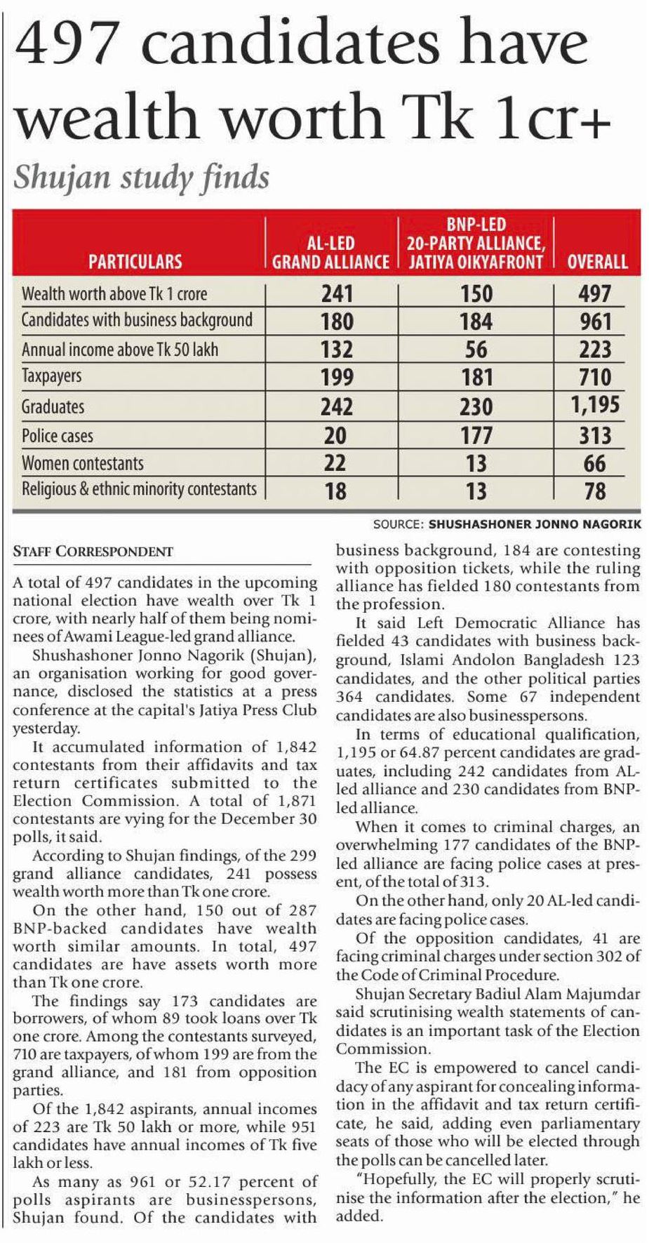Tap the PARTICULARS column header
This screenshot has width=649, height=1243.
[135, 262]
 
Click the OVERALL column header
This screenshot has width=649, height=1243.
[597, 262]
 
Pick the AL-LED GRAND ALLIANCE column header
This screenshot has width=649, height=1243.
[330, 253]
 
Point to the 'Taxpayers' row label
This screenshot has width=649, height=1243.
[51, 376]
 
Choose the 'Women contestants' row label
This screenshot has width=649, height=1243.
[83, 463]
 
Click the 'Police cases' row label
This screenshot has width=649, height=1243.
[58, 435]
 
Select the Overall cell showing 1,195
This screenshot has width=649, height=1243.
[595, 405]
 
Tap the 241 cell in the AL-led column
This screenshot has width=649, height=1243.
[336, 293]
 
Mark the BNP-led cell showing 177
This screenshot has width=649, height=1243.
[476, 435]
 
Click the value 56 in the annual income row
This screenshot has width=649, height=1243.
[476, 350]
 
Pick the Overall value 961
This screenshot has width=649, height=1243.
[595, 321]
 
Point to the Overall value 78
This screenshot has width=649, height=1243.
[595, 491]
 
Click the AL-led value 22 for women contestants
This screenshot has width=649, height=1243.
[335, 463]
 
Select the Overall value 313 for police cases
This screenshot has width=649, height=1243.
[595, 435]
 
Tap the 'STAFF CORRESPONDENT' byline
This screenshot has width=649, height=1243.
[93, 552]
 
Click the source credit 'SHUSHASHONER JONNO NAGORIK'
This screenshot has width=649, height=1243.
[535, 524]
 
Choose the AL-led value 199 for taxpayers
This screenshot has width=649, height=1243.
[336, 377]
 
